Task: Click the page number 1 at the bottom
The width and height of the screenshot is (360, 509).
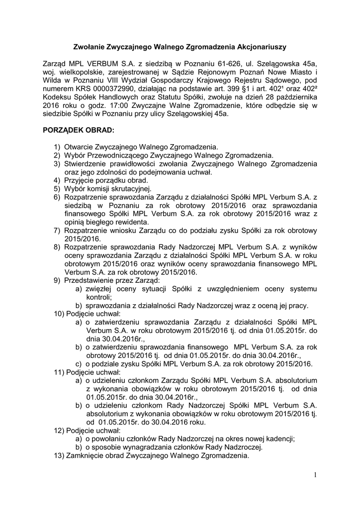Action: [x=315, y=475]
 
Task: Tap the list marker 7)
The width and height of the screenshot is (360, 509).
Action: [x=57, y=231]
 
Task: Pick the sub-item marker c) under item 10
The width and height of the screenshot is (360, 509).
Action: [x=79, y=363]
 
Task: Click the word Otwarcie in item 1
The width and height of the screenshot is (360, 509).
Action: [x=79, y=147]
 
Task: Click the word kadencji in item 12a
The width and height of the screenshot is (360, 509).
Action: [x=281, y=438]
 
